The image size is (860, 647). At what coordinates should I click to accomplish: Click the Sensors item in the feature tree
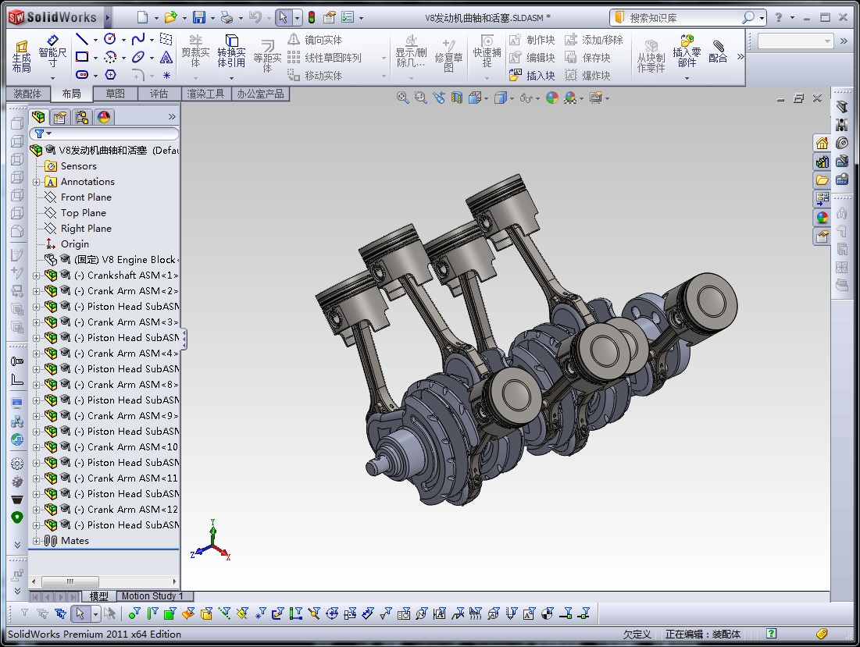[x=78, y=166]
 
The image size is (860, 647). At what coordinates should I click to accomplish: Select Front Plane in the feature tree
[x=86, y=197]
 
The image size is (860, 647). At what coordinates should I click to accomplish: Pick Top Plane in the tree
[x=83, y=213]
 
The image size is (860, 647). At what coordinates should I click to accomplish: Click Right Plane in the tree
[x=86, y=229]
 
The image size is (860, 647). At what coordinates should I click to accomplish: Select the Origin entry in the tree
[x=75, y=244]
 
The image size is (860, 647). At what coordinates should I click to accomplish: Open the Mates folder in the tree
[x=75, y=541]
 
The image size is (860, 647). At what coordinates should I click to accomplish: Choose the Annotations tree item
[x=87, y=182]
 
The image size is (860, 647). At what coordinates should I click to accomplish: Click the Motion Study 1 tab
[x=152, y=596]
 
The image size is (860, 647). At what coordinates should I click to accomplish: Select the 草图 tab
[x=115, y=94]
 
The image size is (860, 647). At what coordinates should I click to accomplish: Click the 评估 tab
[x=159, y=94]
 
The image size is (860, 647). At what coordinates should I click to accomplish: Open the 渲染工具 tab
[x=205, y=94]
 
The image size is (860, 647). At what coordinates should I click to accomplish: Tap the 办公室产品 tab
[x=260, y=94]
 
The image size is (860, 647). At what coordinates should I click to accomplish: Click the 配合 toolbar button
[x=718, y=53]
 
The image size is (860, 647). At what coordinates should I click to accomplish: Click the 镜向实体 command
[x=323, y=40]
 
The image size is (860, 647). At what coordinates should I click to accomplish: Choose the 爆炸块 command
[x=595, y=76]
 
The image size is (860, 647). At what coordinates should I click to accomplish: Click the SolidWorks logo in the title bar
[x=53, y=17]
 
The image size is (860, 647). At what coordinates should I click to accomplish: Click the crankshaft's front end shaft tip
[x=373, y=468]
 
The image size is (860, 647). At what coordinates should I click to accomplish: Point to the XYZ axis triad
[x=212, y=543]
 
